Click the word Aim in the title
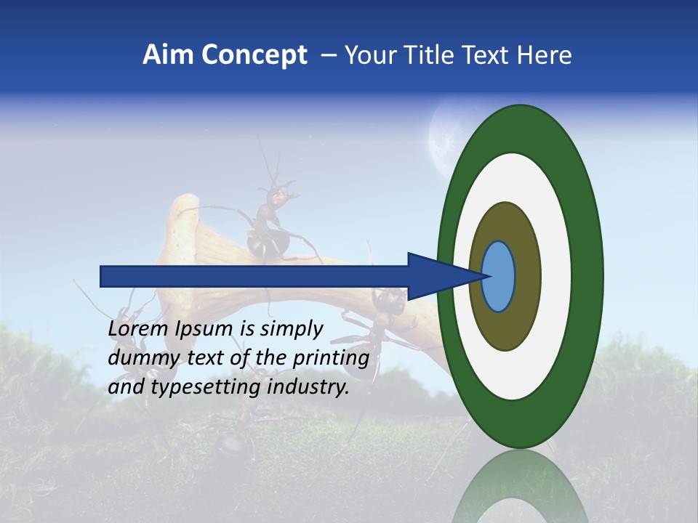pyautogui.click(x=167, y=55)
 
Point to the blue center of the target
pyautogui.click(x=499, y=277)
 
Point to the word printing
pyautogui.click(x=330, y=358)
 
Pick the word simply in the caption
pyautogui.click(x=290, y=330)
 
